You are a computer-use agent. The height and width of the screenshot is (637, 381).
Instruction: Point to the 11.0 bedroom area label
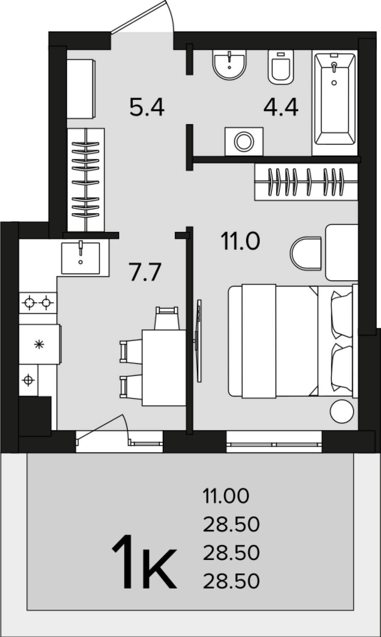pos(240,241)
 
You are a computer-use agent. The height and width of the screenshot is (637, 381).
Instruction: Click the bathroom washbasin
pos(230,64)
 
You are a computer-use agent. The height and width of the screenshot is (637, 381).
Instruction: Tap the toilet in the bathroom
pos(281,67)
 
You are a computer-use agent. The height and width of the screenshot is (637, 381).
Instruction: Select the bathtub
pos(335,102)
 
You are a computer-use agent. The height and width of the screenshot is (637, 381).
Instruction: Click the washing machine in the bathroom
pos(244,141)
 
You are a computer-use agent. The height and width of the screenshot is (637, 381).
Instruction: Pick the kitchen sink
pos(81,258)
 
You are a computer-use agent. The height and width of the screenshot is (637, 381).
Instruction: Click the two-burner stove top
pos(38,303)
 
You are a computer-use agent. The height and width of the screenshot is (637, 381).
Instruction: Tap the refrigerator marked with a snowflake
pos(40,344)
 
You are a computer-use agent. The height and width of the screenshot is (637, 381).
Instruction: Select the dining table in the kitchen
pos(164,368)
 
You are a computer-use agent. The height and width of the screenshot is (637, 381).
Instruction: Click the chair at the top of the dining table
pos(167,318)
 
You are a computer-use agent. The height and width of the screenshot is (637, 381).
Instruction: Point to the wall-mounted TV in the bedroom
pos(199,340)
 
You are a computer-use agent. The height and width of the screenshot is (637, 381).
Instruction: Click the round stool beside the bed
pos(342,411)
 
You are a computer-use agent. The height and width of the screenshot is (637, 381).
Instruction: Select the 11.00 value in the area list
pos(226,496)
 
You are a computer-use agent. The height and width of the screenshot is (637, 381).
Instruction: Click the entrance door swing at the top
pos(142,17)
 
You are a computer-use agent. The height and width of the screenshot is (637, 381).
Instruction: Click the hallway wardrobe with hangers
pos(86,180)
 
